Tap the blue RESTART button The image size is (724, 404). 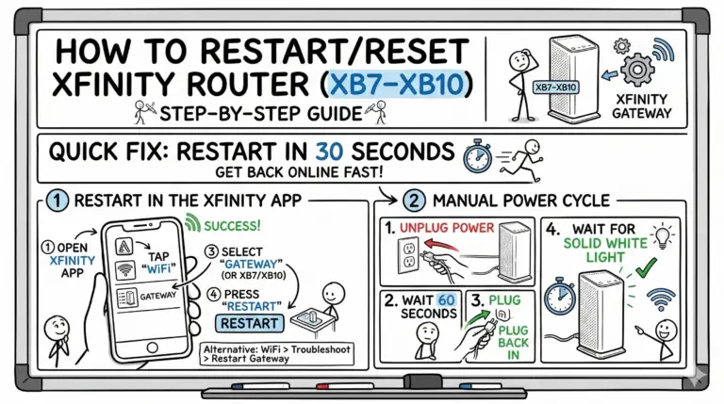(248, 322)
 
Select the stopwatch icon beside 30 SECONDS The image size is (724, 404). (476, 155)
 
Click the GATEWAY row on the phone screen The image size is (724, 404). (151, 296)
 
